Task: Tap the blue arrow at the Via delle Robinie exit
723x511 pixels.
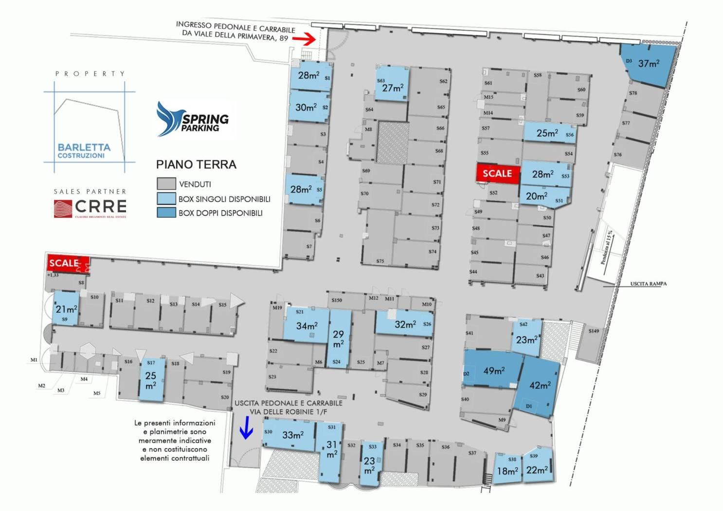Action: click(246, 429)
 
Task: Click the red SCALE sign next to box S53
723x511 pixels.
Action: click(497, 173)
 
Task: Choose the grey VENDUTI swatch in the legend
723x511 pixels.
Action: click(166, 183)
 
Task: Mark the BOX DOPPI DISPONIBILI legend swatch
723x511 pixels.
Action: click(166, 212)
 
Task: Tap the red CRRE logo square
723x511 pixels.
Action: click(63, 208)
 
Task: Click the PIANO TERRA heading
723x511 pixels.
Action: click(196, 164)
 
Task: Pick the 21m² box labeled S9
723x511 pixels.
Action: click(66, 309)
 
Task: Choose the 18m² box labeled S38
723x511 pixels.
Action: click(507, 469)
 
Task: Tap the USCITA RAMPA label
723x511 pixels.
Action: click(648, 284)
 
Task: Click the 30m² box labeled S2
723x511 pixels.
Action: click(308, 107)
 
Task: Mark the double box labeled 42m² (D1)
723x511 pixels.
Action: click(539, 387)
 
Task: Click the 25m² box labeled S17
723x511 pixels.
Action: click(151, 380)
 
